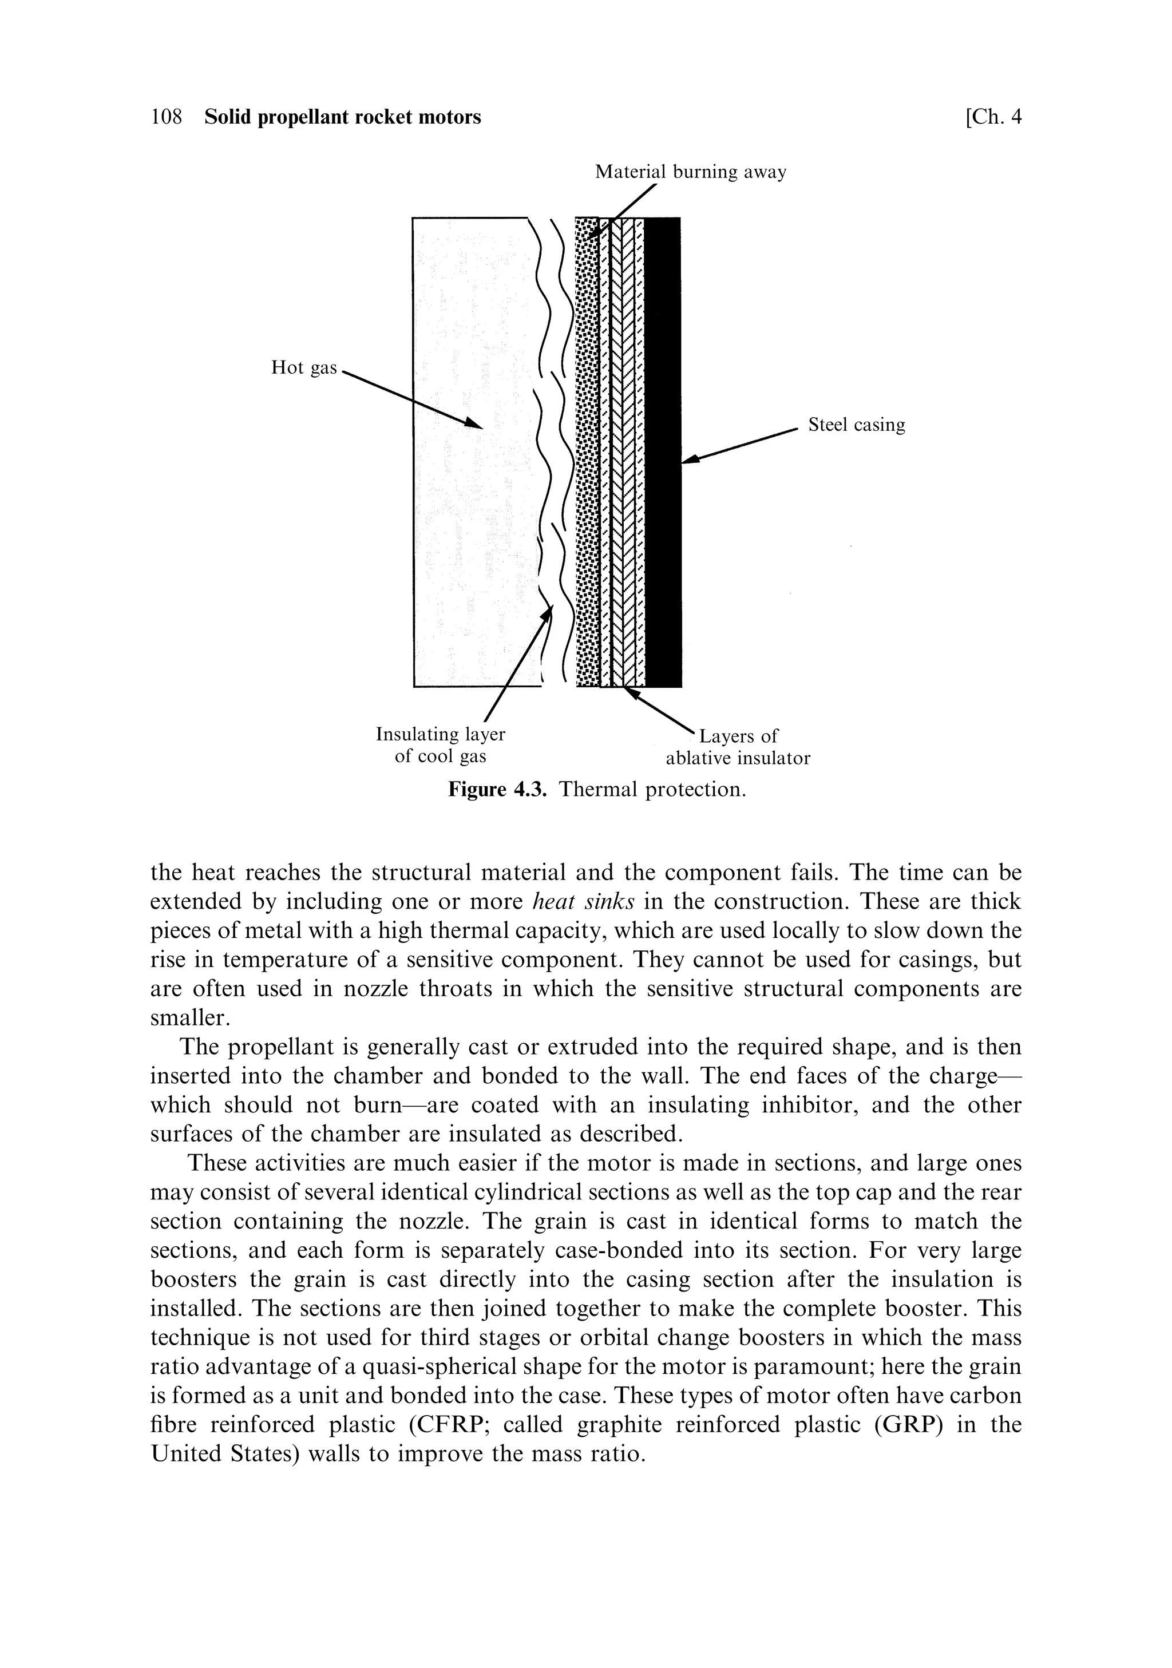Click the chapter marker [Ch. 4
992,117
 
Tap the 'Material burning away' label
690,172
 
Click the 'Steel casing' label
857,425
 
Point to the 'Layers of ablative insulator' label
738,747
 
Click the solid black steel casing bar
662,450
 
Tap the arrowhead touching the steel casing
691,459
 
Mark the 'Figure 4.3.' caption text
496,790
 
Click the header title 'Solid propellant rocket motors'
342,117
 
